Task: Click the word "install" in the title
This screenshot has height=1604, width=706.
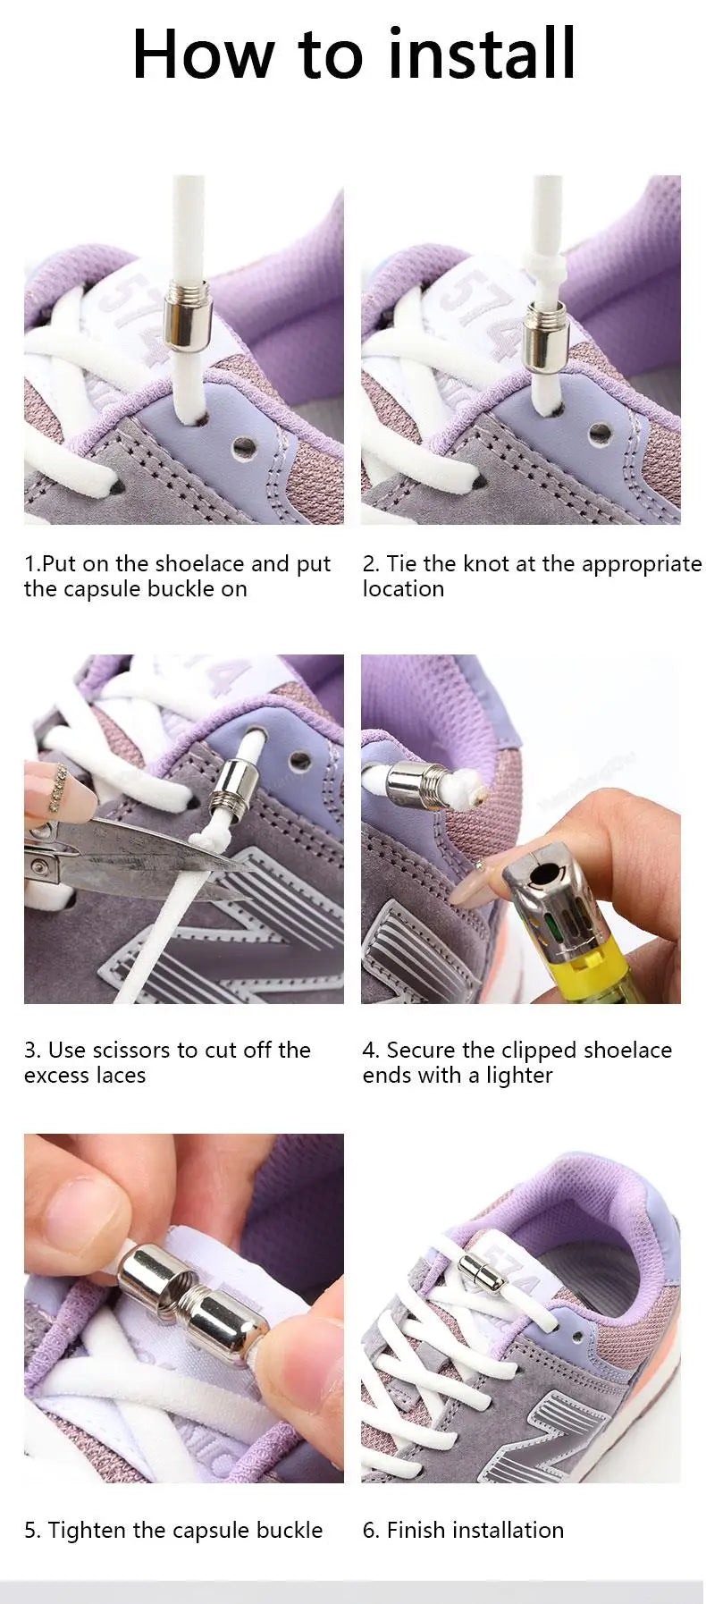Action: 482,54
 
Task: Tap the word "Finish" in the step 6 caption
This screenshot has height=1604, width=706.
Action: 416,1530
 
